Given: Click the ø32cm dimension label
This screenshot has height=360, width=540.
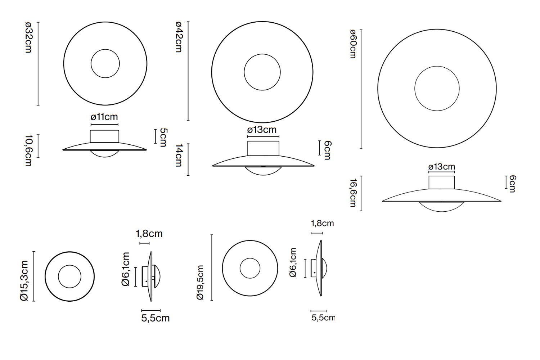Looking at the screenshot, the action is point(28,37).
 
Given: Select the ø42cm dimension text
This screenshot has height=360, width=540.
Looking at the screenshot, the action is point(179,37).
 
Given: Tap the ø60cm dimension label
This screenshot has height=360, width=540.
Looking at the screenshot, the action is point(353,44).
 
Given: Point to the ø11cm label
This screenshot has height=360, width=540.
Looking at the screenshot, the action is point(104,117).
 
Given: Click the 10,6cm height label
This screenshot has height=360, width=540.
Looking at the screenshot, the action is point(28,150).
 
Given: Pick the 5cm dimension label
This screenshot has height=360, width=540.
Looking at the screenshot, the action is point(163,137).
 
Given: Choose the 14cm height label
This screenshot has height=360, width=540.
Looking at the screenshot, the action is point(179,156).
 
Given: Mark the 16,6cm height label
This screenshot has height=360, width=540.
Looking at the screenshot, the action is point(353,193).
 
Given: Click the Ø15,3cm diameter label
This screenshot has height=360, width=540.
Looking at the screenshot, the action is point(24,281).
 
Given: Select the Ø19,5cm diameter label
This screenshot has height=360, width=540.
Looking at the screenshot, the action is point(200,282).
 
